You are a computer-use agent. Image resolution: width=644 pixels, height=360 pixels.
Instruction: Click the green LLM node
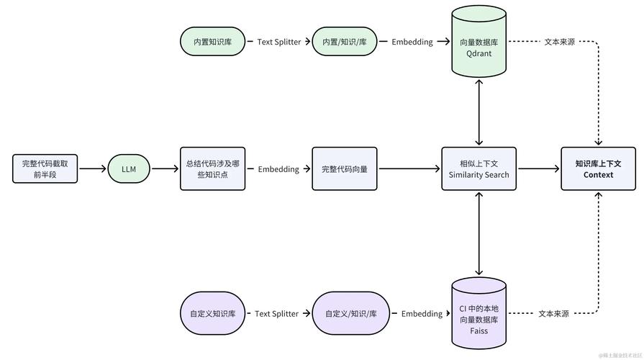point(129,169)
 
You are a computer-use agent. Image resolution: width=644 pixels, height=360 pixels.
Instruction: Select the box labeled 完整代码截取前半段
point(45,169)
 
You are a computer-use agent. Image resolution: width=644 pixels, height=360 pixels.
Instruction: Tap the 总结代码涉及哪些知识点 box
point(212,169)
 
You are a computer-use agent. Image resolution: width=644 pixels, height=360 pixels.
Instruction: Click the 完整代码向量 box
point(344,169)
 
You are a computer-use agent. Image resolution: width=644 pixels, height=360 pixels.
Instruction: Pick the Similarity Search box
point(479,169)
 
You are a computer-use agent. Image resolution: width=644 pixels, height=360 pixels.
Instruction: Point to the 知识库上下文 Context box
point(598,169)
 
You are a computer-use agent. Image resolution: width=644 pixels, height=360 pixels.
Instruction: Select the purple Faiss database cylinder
point(479,314)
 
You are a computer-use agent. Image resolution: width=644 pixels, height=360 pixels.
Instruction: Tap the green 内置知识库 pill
point(212,42)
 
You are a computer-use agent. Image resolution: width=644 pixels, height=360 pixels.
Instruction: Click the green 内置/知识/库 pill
point(344,42)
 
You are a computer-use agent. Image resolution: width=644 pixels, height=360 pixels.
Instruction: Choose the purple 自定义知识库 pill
point(212,314)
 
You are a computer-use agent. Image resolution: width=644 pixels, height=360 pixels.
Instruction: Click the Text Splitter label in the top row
point(278,42)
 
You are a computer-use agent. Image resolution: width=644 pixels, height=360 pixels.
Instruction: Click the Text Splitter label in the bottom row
point(276,314)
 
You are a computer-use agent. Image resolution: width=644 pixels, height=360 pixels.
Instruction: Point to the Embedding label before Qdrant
point(412,42)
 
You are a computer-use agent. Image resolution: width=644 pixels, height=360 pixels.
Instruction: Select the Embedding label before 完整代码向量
point(278,169)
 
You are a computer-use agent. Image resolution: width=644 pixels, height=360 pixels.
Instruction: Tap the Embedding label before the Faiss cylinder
point(422,314)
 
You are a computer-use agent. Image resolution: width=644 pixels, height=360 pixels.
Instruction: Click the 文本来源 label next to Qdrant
point(559,42)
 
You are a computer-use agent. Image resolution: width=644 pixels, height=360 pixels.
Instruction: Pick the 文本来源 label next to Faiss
point(553,314)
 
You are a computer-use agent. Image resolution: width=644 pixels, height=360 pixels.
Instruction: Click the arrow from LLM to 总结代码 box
point(165,169)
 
